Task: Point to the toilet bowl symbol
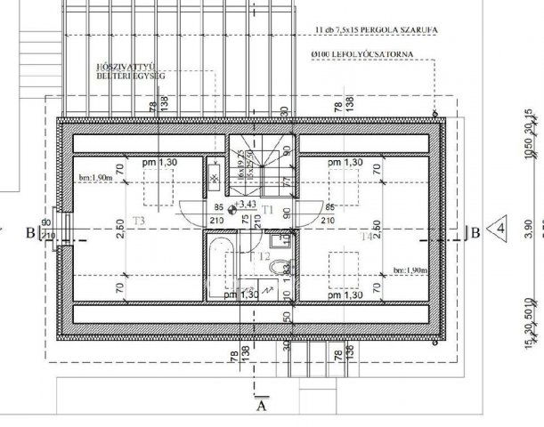(x=279, y=267)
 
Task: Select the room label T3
(x=138, y=220)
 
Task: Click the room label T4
(x=367, y=237)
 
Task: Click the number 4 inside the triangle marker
(x=501, y=229)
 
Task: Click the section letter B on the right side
(x=476, y=233)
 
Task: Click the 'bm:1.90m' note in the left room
(x=94, y=178)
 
